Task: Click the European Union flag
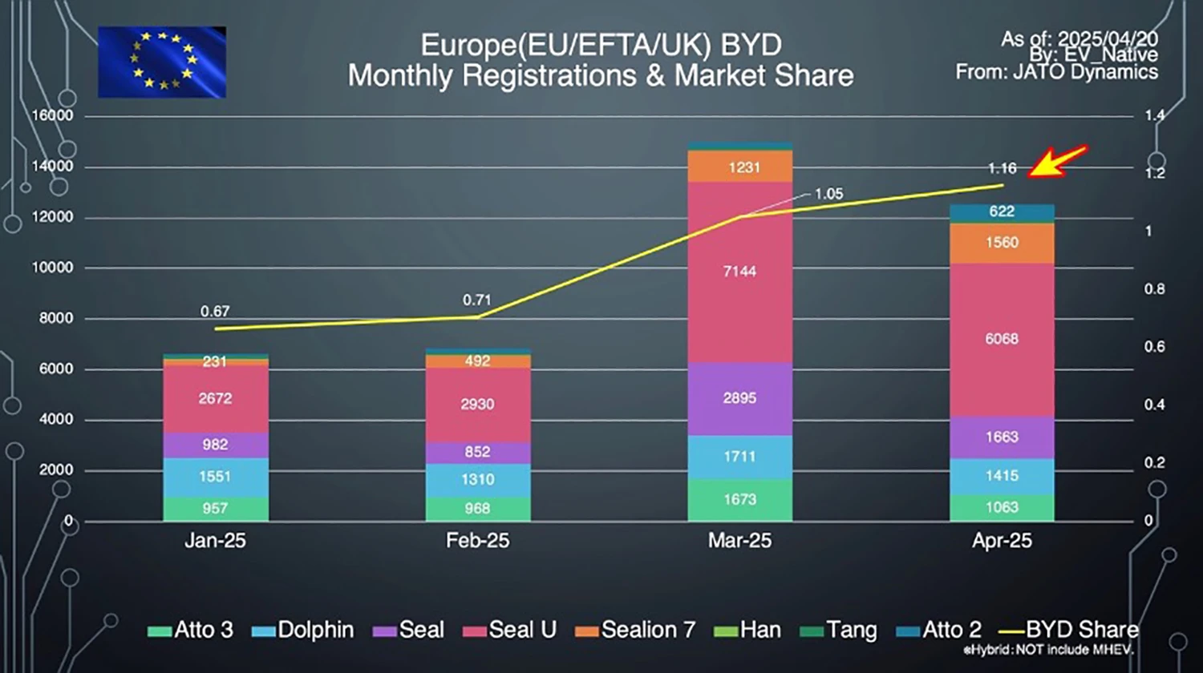click(162, 62)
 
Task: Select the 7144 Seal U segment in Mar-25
click(739, 272)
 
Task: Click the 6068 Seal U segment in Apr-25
click(1002, 339)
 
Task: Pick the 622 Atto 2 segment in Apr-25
click(1002, 212)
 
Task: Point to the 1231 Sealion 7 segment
click(739, 167)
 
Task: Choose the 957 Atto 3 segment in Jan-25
click(215, 508)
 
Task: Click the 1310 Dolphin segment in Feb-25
click(477, 479)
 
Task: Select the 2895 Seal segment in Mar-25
click(739, 398)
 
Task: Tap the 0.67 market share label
click(215, 311)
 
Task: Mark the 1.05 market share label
click(828, 194)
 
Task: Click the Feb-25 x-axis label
click(477, 541)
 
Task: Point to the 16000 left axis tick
click(52, 115)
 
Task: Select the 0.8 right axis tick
click(1154, 289)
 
